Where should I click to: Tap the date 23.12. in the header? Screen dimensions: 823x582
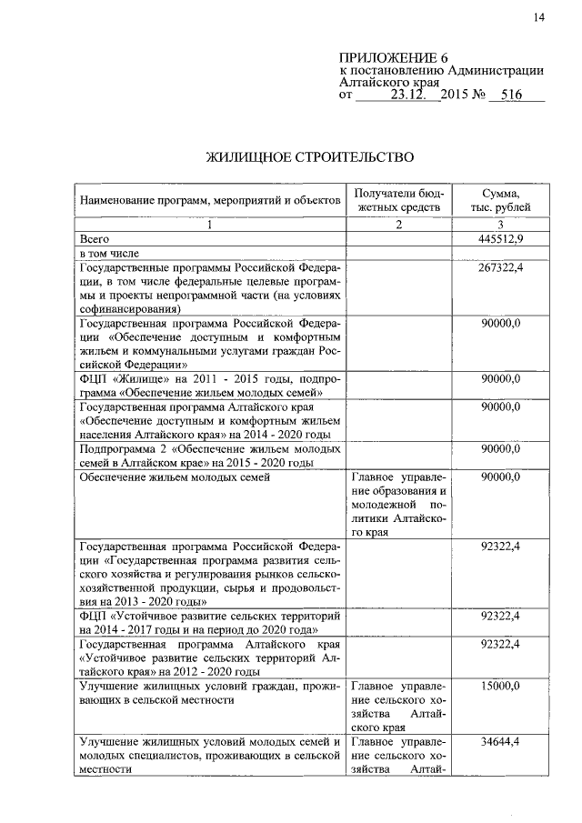[411, 94]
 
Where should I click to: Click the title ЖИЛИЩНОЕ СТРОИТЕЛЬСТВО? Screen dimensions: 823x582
[311, 157]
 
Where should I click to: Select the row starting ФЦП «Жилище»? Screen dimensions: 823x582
[210, 385]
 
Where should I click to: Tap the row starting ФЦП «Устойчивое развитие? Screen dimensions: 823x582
[210, 623]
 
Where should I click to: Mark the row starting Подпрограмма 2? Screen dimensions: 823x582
[210, 455]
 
